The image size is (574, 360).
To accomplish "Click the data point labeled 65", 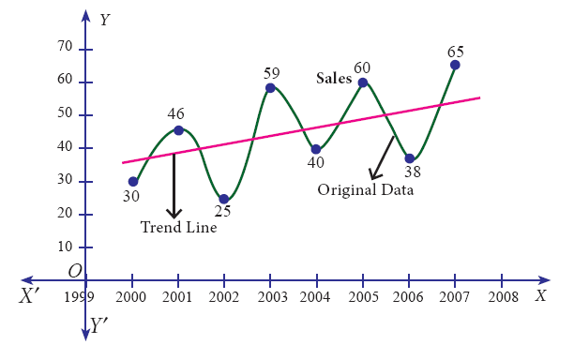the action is (x=455, y=65).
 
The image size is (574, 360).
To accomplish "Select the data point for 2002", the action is (x=224, y=199).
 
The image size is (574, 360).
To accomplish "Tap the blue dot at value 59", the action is (x=270, y=88).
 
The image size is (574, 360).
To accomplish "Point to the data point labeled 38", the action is (x=410, y=158).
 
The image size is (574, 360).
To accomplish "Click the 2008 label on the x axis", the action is (x=504, y=297).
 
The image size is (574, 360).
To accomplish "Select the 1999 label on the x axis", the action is (x=79, y=297).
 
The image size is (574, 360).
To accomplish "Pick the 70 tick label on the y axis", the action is (x=65, y=46).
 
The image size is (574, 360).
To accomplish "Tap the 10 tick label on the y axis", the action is (x=65, y=247).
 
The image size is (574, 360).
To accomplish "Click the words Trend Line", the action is (x=178, y=227).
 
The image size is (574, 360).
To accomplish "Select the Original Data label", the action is (x=366, y=190).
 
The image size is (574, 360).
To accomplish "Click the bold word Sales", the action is (x=334, y=79).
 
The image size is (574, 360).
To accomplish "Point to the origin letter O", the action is (x=75, y=271).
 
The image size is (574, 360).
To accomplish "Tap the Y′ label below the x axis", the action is (x=98, y=325).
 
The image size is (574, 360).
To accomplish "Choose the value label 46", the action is (x=175, y=114).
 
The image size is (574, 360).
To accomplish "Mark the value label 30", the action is (x=130, y=197).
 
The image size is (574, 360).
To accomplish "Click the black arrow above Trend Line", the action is (x=174, y=186).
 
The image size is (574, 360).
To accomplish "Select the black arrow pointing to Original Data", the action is (x=381, y=158).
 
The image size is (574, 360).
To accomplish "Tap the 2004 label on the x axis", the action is (x=315, y=297).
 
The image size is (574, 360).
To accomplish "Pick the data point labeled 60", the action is (x=363, y=82).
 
